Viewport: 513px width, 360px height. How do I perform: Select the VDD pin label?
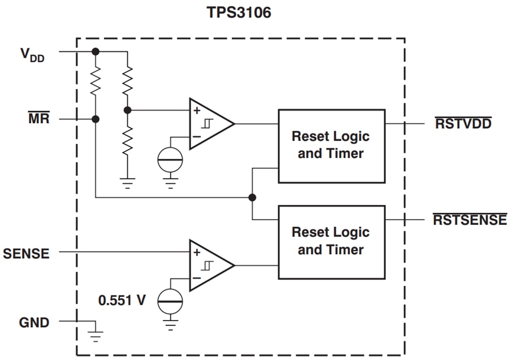[32, 55]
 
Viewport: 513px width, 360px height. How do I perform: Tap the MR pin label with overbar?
[39, 119]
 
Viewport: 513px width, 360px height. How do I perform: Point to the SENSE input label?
[26, 253]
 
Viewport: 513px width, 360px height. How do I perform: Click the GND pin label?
[34, 323]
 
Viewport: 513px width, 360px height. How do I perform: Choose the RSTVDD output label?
[463, 123]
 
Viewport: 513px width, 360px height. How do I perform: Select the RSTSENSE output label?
[470, 220]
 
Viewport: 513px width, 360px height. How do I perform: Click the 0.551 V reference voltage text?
[122, 300]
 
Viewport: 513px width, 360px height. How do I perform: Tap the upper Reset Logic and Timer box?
[331, 145]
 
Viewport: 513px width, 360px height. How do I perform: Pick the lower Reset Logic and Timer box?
[331, 242]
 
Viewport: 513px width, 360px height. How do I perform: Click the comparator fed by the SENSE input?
[210, 265]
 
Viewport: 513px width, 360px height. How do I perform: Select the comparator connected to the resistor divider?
[210, 124]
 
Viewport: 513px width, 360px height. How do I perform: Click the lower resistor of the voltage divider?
[128, 139]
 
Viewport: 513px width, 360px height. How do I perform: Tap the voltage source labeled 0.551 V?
[170, 300]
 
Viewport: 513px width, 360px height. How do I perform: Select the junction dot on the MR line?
[95, 119]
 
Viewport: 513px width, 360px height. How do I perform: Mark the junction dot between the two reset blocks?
[252, 197]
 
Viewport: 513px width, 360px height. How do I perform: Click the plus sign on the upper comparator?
[197, 111]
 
